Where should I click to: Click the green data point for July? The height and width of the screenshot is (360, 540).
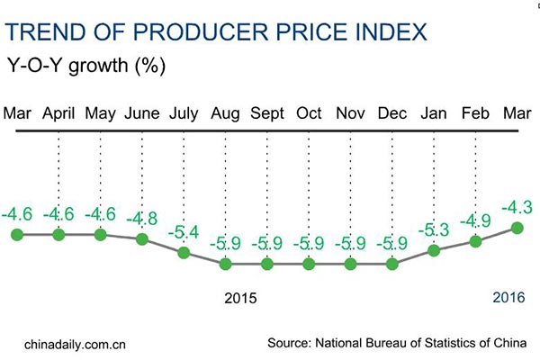click(x=184, y=252)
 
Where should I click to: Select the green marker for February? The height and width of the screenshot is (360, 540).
click(x=475, y=240)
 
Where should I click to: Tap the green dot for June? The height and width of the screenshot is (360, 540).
click(x=142, y=238)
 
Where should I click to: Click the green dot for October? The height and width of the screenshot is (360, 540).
click(x=309, y=264)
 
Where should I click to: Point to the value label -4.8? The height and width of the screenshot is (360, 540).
click(x=142, y=219)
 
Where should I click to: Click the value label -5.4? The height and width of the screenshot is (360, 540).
click(x=184, y=233)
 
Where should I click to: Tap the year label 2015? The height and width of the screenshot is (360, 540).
click(x=240, y=297)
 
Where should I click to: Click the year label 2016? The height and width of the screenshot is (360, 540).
click(x=508, y=297)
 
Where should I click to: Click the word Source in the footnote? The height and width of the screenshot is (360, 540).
click(x=289, y=343)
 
